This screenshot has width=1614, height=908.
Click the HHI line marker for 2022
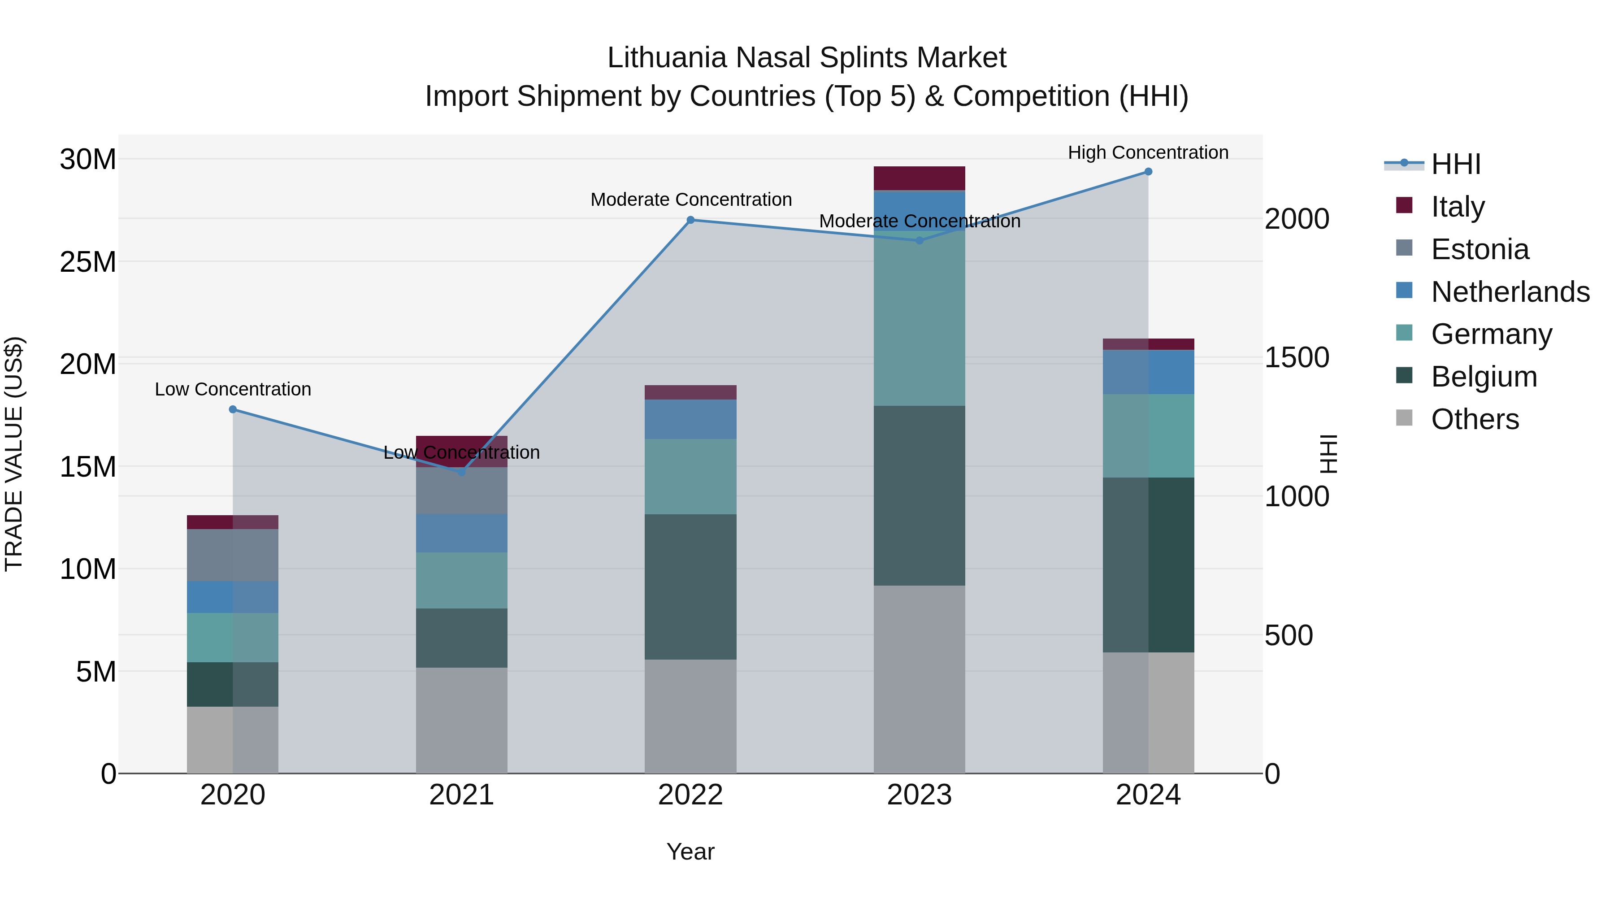690,220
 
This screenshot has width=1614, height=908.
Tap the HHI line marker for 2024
1149,172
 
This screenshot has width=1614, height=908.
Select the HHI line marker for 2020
233,409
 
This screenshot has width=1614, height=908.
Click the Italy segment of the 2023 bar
919,178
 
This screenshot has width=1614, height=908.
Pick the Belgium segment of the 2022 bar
690,587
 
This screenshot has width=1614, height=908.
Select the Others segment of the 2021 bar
462,720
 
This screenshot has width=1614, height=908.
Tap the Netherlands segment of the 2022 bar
690,419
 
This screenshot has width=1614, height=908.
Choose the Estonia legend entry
1480,249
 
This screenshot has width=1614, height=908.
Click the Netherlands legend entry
1510,292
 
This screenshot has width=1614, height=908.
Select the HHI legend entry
1455,164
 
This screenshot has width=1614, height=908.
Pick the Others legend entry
1475,419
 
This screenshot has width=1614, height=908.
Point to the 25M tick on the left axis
88,262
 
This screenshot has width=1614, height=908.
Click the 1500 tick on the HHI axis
1296,358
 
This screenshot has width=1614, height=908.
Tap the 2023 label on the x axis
919,795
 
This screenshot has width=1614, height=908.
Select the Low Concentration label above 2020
233,390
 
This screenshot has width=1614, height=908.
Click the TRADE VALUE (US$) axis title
14,454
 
